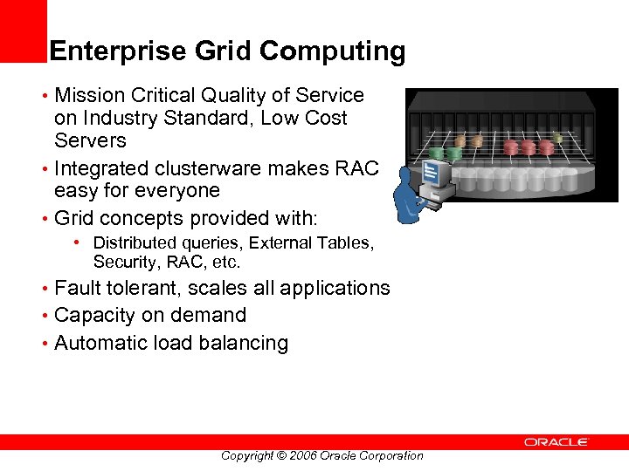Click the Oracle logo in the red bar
coord(556,442)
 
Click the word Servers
coord(90,140)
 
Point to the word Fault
coord(77,288)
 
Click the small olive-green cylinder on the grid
coord(557,137)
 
